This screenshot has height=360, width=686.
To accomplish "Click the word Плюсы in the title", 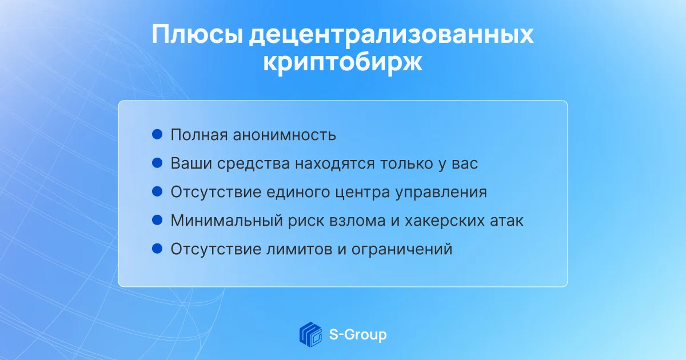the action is pyautogui.click(x=197, y=35).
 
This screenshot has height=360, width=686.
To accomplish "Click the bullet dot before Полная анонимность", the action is pyautogui.click(x=157, y=134).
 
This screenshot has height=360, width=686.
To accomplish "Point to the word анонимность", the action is pyautogui.click(x=284, y=135).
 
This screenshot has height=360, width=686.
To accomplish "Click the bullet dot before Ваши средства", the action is pyautogui.click(x=157, y=162).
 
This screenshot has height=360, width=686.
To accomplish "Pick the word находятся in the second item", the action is pyautogui.click(x=335, y=163).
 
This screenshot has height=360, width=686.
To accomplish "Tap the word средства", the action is pyautogui.click(x=253, y=163).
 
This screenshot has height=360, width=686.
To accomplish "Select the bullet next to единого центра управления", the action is pyautogui.click(x=157, y=191).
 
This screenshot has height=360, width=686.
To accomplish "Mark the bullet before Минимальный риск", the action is pyautogui.click(x=157, y=220).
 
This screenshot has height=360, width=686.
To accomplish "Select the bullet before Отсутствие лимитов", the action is pyautogui.click(x=157, y=248).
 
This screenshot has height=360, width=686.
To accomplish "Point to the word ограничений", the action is pyautogui.click(x=402, y=250).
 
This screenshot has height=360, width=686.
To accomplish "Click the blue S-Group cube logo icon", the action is pyautogui.click(x=310, y=334).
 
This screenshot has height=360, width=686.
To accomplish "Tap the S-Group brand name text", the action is pyautogui.click(x=358, y=335).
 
